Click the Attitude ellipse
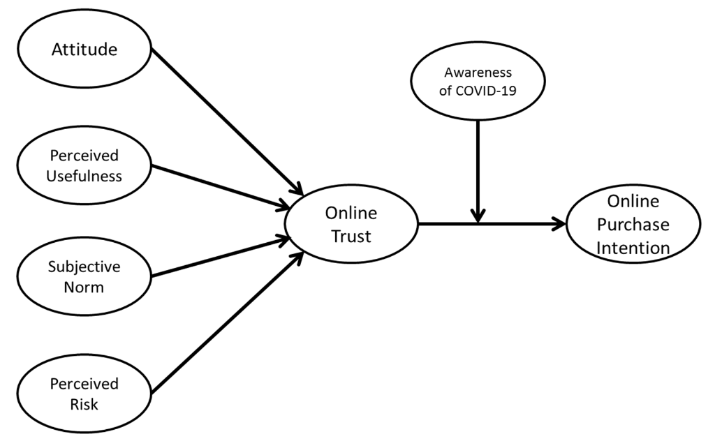coord(84,50)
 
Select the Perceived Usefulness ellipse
coord(84,165)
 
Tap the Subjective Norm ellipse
coord(84,276)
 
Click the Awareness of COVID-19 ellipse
coord(478,81)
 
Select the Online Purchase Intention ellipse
coord(633,224)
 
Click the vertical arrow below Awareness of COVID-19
coord(478,167)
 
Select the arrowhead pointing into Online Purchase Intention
coord(559,224)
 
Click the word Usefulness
coord(84,176)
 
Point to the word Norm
coord(84,287)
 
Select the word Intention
coord(633,247)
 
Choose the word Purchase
coord(633,225)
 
